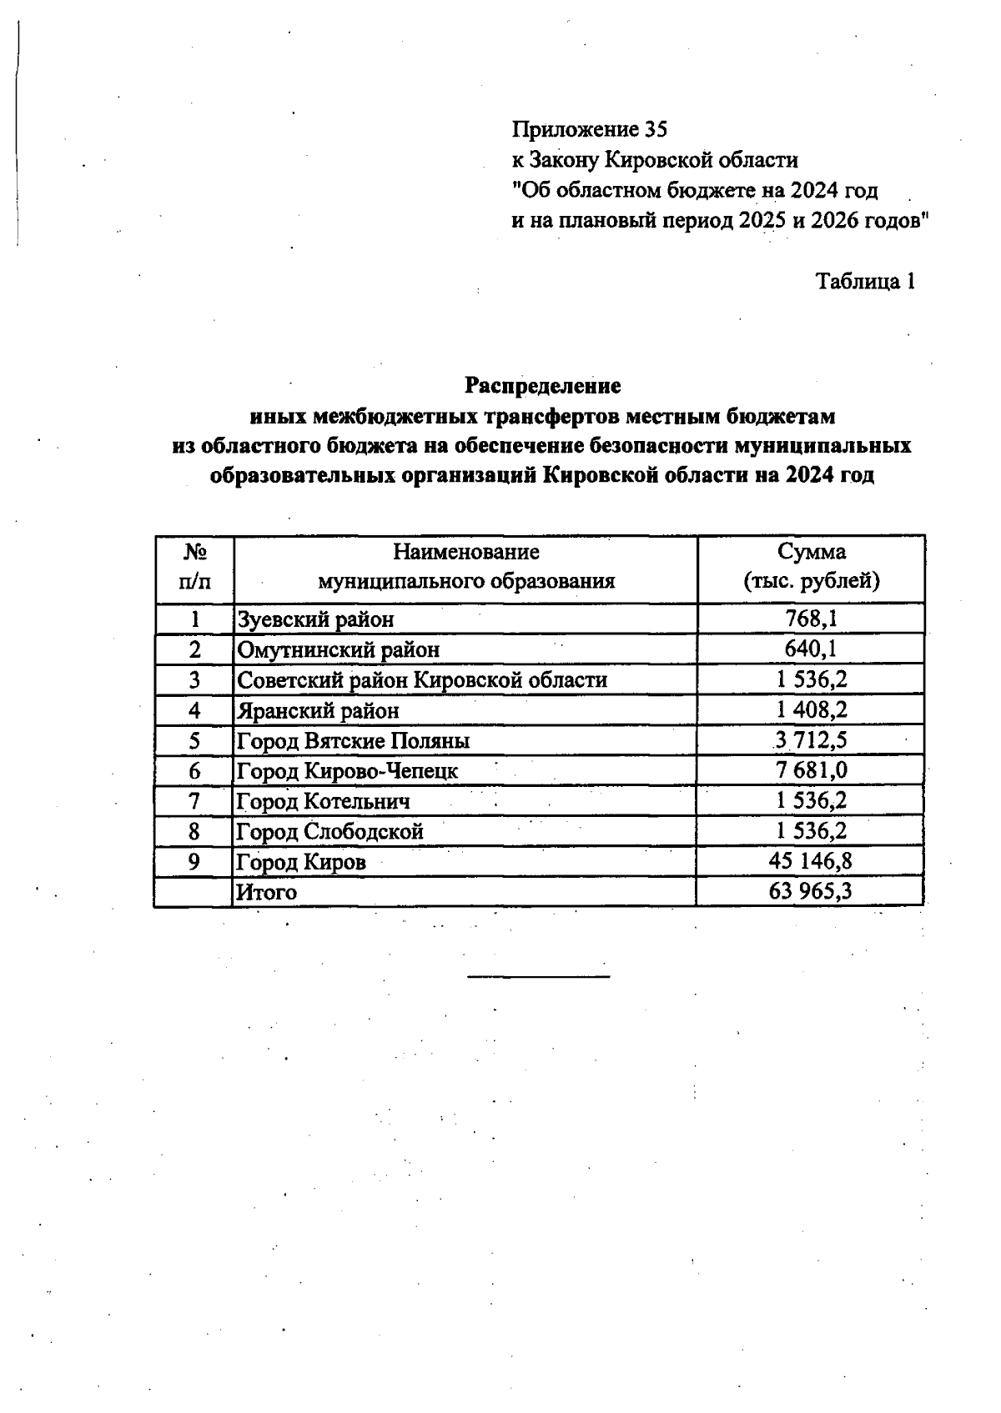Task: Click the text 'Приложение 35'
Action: click(x=590, y=129)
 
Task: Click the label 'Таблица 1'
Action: click(x=865, y=281)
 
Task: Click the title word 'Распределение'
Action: click(x=542, y=386)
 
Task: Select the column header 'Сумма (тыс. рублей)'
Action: click(x=811, y=567)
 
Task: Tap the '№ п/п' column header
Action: click(x=194, y=567)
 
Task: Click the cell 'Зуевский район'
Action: click(x=316, y=619)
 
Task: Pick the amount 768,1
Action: click(x=811, y=619)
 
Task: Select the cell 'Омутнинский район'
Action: click(x=339, y=649)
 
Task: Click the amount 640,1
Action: click(x=811, y=649)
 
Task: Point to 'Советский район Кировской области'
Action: click(x=423, y=680)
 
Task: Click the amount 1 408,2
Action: click(x=811, y=710)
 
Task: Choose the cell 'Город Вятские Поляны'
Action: click(x=354, y=741)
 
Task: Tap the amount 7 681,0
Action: click(x=811, y=770)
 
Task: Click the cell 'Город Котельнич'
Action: click(x=324, y=802)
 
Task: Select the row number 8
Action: click(x=194, y=831)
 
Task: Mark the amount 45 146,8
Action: click(x=811, y=861)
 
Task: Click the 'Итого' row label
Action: click(x=267, y=892)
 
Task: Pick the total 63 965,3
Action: click(x=811, y=891)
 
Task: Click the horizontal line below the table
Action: click(x=539, y=975)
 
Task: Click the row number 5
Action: click(x=194, y=741)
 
